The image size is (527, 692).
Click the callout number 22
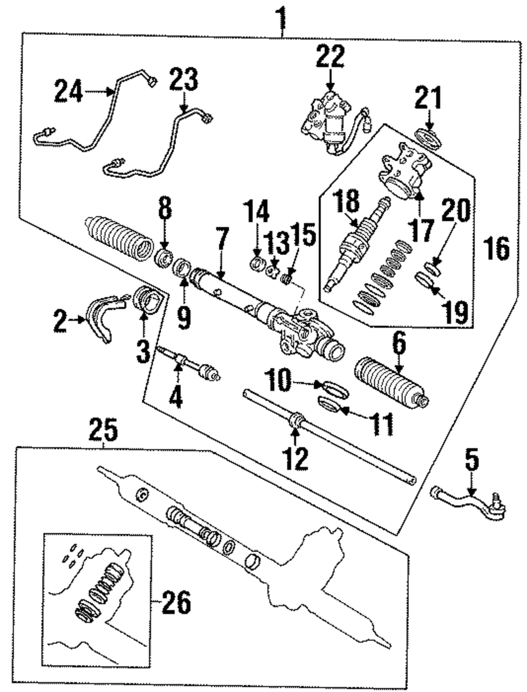tap(330, 57)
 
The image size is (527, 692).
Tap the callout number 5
tap(472, 460)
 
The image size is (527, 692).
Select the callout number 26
tap(176, 602)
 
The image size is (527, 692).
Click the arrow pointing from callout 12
tap(296, 432)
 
